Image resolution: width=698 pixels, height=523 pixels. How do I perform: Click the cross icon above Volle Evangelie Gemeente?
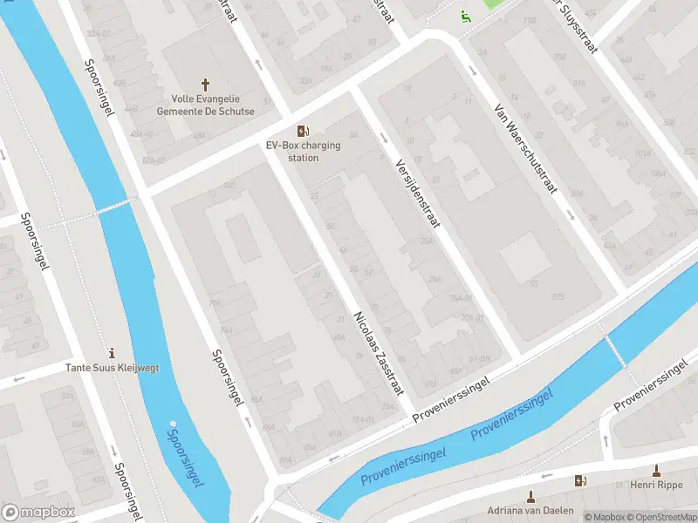[206, 85]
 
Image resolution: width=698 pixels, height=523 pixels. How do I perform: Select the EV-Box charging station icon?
[303, 130]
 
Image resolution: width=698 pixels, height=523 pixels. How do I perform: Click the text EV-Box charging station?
[304, 152]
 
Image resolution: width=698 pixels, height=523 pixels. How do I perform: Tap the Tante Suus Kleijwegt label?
[113, 368]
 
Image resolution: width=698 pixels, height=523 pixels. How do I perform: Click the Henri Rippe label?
[655, 485]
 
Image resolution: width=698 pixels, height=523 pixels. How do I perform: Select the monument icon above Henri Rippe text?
[655, 471]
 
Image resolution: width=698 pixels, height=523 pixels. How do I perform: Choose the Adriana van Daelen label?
[530, 510]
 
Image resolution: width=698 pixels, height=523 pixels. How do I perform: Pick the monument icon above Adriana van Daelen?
[530, 496]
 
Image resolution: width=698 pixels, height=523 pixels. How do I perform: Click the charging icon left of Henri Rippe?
[580, 480]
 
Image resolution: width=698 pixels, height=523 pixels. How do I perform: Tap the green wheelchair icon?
[465, 15]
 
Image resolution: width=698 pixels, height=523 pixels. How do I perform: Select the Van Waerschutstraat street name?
[523, 148]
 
